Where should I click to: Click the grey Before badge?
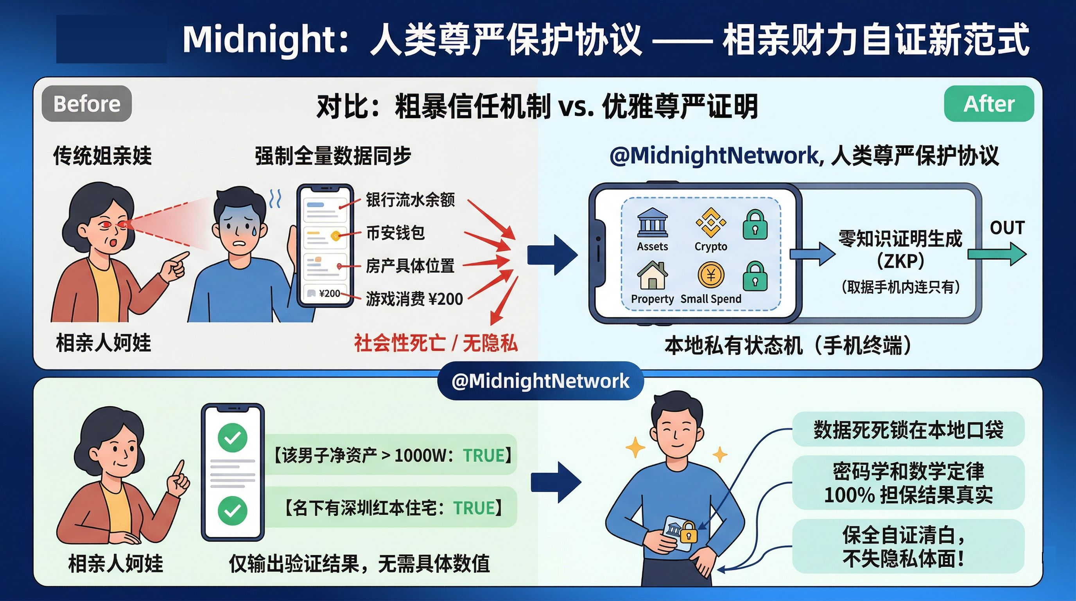click(87, 104)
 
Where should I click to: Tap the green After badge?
click(989, 104)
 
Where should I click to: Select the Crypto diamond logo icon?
click(710, 222)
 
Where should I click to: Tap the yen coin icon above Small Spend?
click(710, 275)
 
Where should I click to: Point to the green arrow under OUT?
click(997, 254)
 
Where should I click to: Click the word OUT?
click(1007, 228)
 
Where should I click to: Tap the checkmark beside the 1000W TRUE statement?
click(233, 437)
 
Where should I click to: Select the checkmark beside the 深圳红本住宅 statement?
click(233, 510)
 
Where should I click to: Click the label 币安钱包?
click(395, 232)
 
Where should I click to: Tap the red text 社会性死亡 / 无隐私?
click(436, 343)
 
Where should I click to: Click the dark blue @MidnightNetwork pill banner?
click(540, 381)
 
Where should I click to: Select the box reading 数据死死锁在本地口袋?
click(908, 430)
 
